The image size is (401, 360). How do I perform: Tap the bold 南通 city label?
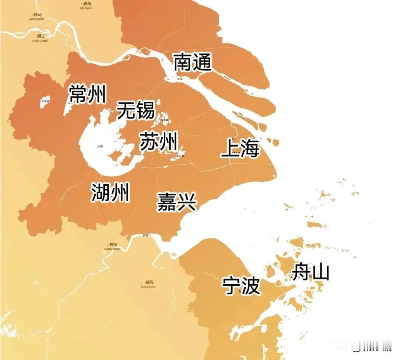pos(193,62)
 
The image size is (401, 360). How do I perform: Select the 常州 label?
pos(88,94)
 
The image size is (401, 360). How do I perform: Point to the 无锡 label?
pos(136,110)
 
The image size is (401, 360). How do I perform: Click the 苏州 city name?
pos(159,142)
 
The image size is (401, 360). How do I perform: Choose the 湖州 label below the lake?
pos(110,193)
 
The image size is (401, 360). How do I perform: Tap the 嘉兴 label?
pos(176,202)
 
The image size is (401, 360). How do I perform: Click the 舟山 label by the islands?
pos(310,272)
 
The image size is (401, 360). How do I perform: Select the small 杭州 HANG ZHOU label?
pos(111,246)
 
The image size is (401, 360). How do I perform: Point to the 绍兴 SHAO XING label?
pos(148,284)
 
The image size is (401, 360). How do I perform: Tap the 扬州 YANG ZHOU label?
pos(39,16)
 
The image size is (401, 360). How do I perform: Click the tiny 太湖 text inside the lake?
pos(100,146)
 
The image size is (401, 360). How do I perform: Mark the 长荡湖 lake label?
pos(45,101)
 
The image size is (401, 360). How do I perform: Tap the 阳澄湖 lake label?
pos(164,120)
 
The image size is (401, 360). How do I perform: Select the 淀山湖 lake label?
pos(181,156)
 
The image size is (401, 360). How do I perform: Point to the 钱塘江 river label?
pos(147,236)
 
